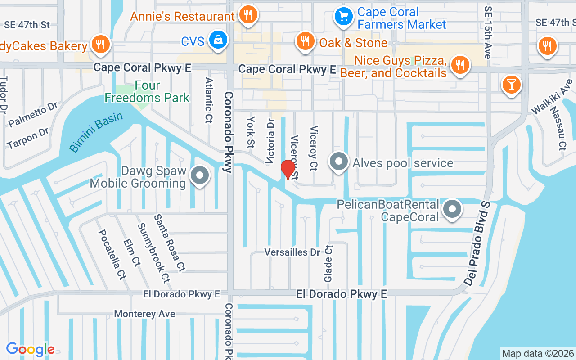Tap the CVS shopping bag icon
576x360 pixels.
click(x=218, y=40)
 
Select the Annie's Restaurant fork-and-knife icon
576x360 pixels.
click(x=247, y=14)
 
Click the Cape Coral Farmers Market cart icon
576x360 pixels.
click(x=344, y=17)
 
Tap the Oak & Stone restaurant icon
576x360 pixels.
click(x=305, y=42)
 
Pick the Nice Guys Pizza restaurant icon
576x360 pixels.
click(x=459, y=65)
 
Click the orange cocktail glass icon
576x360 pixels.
click(x=511, y=84)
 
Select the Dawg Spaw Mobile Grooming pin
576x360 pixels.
click(x=200, y=175)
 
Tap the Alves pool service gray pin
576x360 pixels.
click(x=338, y=162)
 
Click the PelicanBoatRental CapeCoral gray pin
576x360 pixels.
click(x=452, y=209)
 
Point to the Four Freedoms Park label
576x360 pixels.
click(x=147, y=91)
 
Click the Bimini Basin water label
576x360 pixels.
click(x=96, y=132)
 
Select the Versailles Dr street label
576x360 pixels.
click(x=292, y=252)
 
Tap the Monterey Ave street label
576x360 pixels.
click(x=144, y=314)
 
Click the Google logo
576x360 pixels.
click(x=30, y=349)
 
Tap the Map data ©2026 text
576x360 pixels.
click(x=538, y=353)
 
